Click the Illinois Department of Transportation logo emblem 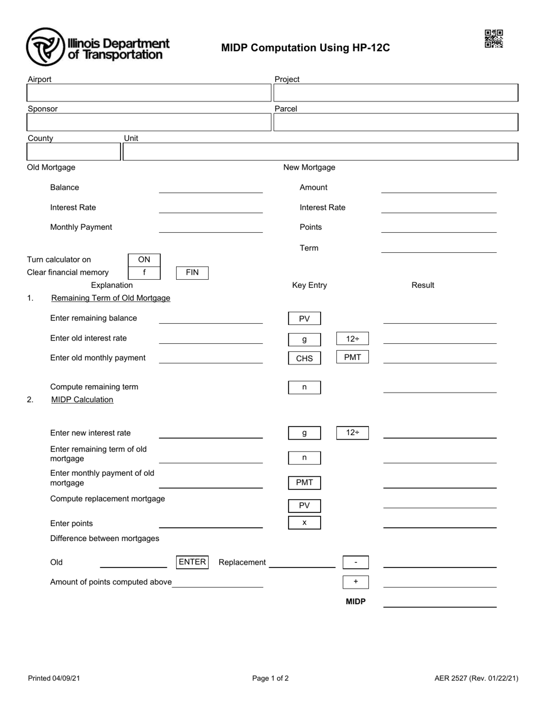[x=45, y=47]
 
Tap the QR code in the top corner [x=493, y=39]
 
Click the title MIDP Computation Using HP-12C [x=305, y=48]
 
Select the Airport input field [x=149, y=93]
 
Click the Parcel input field [x=395, y=122]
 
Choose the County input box [x=73, y=152]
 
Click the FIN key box [x=192, y=273]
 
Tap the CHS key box [x=304, y=358]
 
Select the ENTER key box [x=192, y=562]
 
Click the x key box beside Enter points [x=304, y=523]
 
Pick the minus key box [x=356, y=563]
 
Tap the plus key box [x=356, y=582]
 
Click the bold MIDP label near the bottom [x=356, y=602]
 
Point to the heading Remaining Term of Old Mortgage [x=111, y=298]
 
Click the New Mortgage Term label [x=309, y=248]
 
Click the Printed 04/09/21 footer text [x=54, y=679]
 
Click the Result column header [x=423, y=285]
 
